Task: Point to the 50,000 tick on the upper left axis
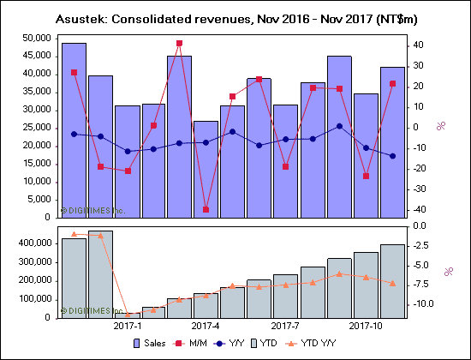point(35,38)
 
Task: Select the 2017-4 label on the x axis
point(206,327)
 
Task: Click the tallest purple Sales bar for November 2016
point(74,129)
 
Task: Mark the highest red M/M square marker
point(179,43)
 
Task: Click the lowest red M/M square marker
point(206,209)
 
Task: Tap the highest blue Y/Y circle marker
point(340,126)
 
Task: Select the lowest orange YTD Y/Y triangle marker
point(127,314)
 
